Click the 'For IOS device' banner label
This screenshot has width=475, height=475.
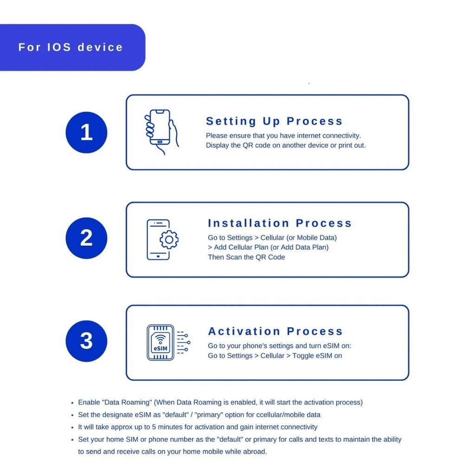(71, 47)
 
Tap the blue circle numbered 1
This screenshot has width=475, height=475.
(86, 133)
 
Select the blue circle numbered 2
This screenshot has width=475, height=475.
(86, 238)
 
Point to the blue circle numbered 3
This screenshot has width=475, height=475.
(86, 341)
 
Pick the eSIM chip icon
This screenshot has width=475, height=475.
(160, 342)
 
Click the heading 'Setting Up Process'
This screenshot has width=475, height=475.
(274, 122)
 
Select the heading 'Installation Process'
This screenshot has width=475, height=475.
(280, 223)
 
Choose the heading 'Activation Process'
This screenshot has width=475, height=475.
(276, 331)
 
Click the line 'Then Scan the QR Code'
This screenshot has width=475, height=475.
(246, 257)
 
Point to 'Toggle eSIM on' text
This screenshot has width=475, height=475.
(317, 356)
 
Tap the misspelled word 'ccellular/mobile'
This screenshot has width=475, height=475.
(271, 415)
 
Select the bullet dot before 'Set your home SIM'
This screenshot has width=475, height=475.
(72, 439)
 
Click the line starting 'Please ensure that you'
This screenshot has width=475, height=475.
(283, 135)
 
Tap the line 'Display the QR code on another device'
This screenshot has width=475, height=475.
(286, 145)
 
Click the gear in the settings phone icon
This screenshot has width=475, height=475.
(169, 239)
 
